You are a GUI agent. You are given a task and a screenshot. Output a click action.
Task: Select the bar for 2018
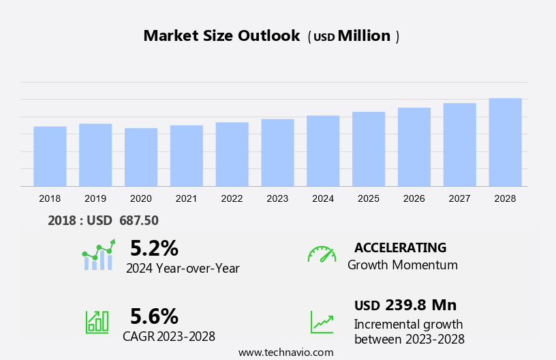pyautogui.click(x=50, y=156)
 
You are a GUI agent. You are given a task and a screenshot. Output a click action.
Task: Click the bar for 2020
pyautogui.click(x=141, y=157)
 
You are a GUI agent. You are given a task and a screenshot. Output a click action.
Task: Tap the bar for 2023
pyautogui.click(x=277, y=152)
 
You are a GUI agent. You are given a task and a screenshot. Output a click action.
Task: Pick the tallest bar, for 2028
pyautogui.click(x=505, y=142)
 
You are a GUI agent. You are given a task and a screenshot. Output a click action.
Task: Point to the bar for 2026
pyautogui.click(x=414, y=147)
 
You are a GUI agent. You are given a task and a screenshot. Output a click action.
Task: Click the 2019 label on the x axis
pyautogui.click(x=95, y=198)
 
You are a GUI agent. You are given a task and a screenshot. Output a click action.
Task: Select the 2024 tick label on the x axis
pyautogui.click(x=323, y=198)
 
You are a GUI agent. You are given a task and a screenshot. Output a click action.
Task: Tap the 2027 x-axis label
pyautogui.click(x=459, y=198)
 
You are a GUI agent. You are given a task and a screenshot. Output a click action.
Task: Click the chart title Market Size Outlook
pyautogui.click(x=221, y=36)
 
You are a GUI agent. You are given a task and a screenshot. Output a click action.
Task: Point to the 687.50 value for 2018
pyautogui.click(x=139, y=220)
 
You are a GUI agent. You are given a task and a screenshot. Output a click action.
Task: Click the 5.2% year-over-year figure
pyautogui.click(x=154, y=247)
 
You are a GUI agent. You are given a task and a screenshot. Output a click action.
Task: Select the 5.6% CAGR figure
pyautogui.click(x=154, y=316)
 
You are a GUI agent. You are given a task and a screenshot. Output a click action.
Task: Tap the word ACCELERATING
pyautogui.click(x=400, y=247)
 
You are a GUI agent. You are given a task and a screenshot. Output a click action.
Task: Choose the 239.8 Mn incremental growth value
pyautogui.click(x=420, y=305)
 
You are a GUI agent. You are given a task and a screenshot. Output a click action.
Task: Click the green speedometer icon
pyautogui.click(x=322, y=254)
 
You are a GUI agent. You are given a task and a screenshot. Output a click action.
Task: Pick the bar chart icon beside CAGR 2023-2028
pyautogui.click(x=97, y=321)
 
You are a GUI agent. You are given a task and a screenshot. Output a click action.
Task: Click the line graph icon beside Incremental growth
pyautogui.click(x=322, y=322)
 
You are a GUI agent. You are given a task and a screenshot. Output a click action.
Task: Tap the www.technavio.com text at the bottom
pyautogui.click(x=285, y=352)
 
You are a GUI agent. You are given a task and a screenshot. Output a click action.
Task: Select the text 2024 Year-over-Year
pyautogui.click(x=183, y=268)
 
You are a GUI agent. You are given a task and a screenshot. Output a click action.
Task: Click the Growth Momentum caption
pyautogui.click(x=402, y=265)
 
